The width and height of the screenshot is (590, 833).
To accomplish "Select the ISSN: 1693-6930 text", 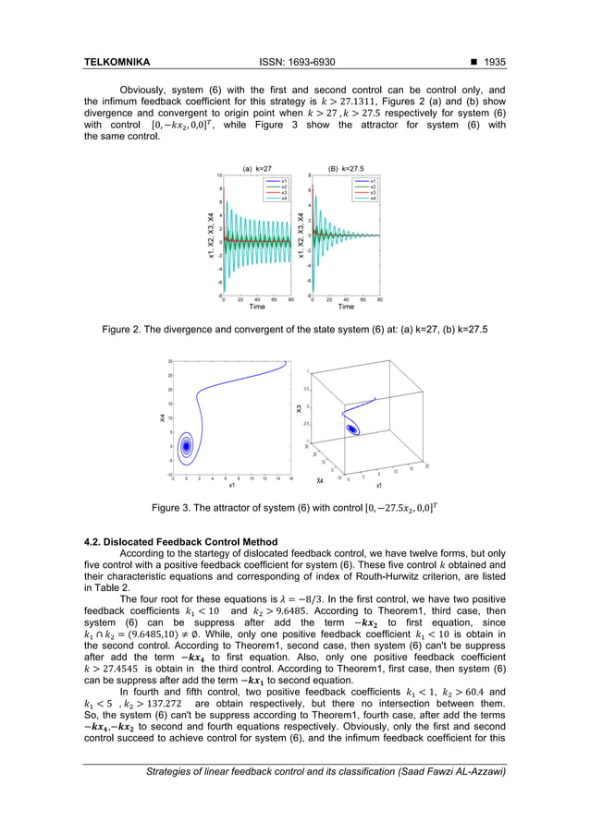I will (x=295, y=63).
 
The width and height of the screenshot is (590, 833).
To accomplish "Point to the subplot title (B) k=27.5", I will (x=346, y=169).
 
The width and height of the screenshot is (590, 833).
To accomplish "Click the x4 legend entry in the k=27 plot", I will (x=286, y=198).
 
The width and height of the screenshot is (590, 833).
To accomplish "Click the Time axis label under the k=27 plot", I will (x=256, y=308).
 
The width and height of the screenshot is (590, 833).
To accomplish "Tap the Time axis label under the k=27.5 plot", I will (x=346, y=308).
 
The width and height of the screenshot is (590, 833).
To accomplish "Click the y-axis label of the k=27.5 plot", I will (x=301, y=235).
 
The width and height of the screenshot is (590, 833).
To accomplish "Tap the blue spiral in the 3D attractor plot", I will (x=352, y=429).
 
